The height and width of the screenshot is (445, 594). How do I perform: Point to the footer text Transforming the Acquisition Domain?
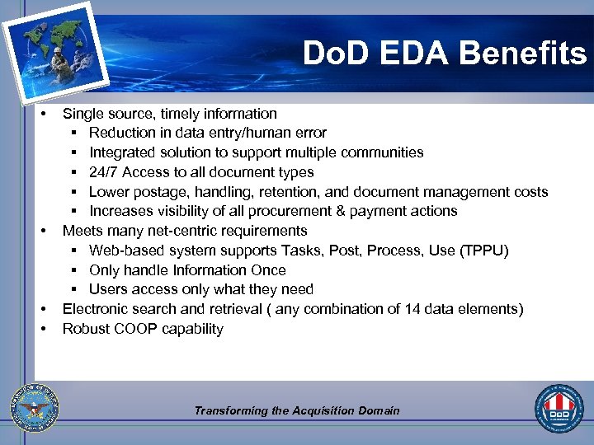point(297,410)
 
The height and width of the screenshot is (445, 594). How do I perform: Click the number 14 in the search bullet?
point(412,309)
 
